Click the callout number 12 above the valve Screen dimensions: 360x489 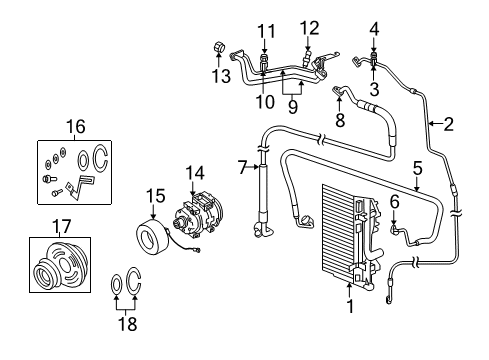point(309,27)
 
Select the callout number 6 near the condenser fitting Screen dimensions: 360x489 point(395,201)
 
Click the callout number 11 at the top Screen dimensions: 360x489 point(264,32)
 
